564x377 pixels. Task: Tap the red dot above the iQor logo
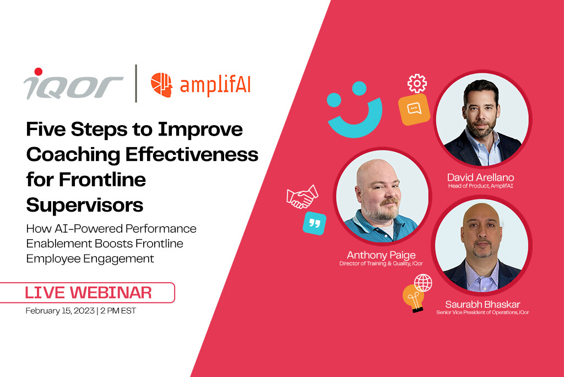click(38, 72)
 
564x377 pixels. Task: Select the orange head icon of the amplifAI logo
click(161, 85)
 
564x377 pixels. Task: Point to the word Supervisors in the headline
click(84, 205)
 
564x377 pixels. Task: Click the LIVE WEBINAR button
click(88, 292)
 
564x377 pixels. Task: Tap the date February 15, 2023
click(60, 311)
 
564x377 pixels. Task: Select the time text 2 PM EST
click(118, 311)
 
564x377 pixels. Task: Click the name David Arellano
click(480, 177)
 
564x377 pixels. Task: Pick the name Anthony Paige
click(381, 255)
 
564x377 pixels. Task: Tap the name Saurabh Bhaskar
click(482, 304)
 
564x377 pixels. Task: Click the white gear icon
click(417, 83)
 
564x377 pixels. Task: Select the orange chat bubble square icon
click(414, 110)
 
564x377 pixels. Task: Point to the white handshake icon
click(302, 197)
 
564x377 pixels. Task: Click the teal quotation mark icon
click(314, 224)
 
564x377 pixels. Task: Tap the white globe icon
click(423, 283)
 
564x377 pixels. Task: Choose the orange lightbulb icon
click(413, 298)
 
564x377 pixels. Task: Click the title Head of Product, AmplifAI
click(480, 186)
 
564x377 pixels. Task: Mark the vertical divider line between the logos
click(136, 84)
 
